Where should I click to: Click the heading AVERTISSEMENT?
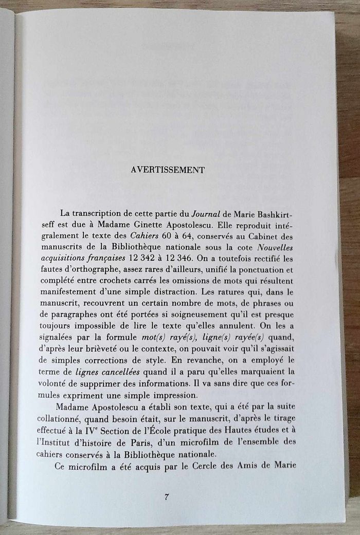coord(168,170)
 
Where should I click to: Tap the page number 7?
coord(167,496)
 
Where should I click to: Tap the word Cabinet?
coord(290,237)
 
